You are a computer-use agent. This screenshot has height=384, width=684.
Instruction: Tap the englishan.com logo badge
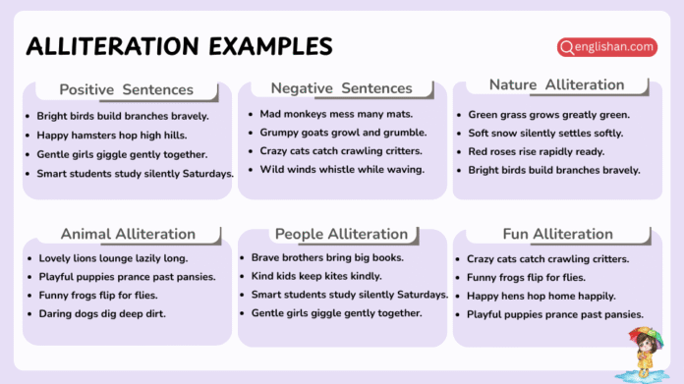tap(606, 46)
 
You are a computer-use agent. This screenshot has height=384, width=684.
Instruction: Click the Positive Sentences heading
tap(126, 89)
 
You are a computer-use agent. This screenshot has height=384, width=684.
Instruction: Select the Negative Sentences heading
tap(341, 88)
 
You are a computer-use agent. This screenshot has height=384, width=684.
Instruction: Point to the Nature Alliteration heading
tap(556, 85)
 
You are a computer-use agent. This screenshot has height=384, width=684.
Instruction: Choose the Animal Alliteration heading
tap(128, 234)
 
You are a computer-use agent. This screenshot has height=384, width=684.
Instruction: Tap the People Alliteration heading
tap(341, 234)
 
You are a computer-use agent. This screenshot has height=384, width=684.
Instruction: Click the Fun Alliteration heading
tap(556, 234)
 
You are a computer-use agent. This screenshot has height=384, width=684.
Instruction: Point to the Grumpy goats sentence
tap(343, 132)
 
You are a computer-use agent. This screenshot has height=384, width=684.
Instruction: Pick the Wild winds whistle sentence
tap(342, 169)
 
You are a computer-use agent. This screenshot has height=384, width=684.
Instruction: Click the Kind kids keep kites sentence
tap(316, 276)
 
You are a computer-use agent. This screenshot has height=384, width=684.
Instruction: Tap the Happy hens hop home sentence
tap(541, 296)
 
